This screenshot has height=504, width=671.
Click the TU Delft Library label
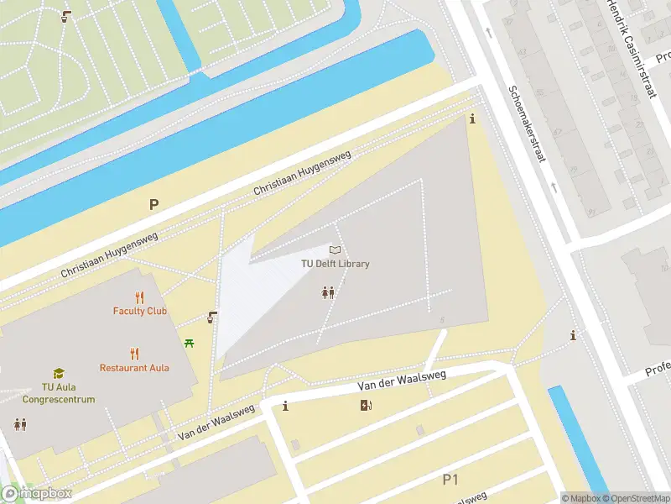click(335, 264)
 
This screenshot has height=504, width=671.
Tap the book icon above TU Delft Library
click(335, 249)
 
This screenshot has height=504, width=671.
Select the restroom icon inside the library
click(329, 292)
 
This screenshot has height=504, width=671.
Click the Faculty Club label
click(140, 311)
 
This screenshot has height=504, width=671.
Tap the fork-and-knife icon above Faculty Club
click(140, 297)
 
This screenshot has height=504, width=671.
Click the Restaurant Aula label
click(134, 368)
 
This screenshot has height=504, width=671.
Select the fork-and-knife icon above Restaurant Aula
click(134, 354)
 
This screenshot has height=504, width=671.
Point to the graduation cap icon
click(58, 374)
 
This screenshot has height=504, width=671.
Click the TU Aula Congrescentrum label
click(58, 394)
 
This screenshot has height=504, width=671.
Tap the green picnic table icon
click(190, 343)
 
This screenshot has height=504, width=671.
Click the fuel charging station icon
click(366, 406)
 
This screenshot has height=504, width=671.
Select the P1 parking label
click(451, 480)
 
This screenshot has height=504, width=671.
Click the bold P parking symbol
click(153, 204)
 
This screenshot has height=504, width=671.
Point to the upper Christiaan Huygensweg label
click(303, 174)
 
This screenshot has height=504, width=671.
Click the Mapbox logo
click(37, 494)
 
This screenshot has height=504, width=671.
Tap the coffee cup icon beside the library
click(213, 318)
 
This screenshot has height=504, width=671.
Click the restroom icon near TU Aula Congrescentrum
click(19, 425)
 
